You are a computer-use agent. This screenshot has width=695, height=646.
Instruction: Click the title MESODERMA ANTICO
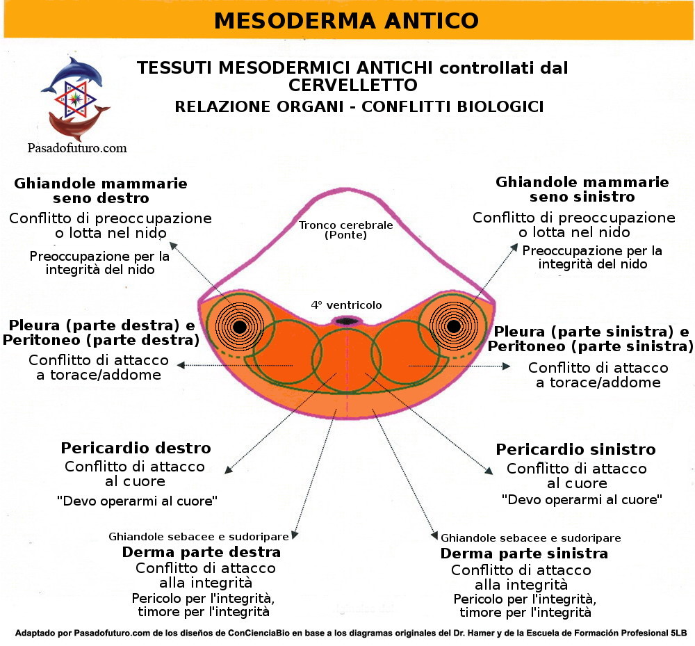pos(346,20)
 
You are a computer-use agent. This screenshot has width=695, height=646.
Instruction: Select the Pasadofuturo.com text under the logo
pos(76,147)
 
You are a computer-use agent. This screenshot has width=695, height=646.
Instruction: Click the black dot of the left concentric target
pos(239,326)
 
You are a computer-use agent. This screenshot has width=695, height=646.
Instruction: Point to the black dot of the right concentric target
pos(454,325)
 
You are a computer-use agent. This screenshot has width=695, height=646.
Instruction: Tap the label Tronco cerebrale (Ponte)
pos(345,229)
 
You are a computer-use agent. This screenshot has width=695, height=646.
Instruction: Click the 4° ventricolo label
pos(345,305)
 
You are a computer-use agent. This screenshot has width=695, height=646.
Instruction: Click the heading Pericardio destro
pos(136,448)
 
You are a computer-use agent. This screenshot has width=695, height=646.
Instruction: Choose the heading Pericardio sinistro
pos(575,449)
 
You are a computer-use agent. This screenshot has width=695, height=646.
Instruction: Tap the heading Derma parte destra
pos(202,552)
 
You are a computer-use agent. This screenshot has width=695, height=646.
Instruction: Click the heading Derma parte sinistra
pos(524,554)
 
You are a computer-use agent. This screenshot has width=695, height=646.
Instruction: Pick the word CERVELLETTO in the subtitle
pos(352,85)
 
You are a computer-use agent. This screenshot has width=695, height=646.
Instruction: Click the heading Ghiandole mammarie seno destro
pos(101,191)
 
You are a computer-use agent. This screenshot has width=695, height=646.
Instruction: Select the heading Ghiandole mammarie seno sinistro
pos(582,189)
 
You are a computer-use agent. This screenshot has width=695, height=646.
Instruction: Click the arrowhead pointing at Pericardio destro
pos(227,473)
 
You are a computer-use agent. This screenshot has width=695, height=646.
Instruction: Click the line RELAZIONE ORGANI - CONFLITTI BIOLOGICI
pos(359,106)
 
